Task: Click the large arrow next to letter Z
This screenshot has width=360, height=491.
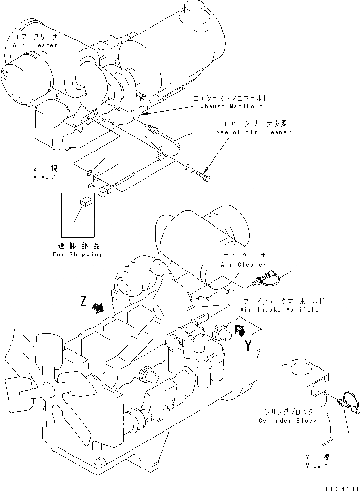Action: pyautogui.click(x=98, y=307)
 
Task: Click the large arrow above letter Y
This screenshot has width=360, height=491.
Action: pyautogui.click(x=239, y=330)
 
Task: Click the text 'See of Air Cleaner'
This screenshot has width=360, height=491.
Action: pyautogui.click(x=254, y=132)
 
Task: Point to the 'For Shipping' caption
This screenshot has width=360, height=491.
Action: pyautogui.click(x=77, y=254)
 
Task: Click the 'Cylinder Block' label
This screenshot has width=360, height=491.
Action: pyautogui.click(x=288, y=420)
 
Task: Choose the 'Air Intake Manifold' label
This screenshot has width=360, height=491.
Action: pyautogui.click(x=279, y=309)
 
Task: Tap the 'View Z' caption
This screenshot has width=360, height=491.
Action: pyautogui.click(x=45, y=177)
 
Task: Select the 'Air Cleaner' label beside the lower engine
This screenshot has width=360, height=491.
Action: pyautogui.click(x=244, y=264)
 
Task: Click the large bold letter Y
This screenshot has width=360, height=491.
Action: pyautogui.click(x=248, y=346)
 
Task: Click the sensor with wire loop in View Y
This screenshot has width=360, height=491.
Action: pyautogui.click(x=346, y=402)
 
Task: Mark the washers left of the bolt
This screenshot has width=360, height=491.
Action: pyautogui.click(x=190, y=169)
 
